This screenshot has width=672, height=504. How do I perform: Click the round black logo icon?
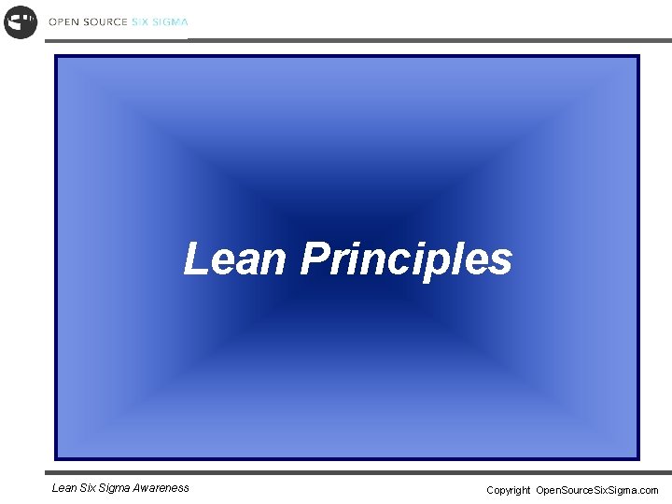click(21, 21)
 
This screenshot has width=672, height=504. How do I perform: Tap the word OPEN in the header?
click(63, 21)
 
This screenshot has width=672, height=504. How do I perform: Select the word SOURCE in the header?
click(105, 21)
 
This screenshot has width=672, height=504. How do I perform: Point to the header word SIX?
click(139, 21)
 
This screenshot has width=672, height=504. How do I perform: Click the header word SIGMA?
click(170, 21)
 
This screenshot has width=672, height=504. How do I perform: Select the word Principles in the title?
click(406, 259)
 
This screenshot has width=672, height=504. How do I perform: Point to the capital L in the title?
click(194, 259)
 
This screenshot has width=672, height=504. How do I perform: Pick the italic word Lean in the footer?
click(64, 487)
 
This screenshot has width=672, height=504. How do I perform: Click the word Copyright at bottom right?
click(508, 490)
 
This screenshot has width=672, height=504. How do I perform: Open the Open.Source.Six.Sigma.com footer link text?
click(597, 490)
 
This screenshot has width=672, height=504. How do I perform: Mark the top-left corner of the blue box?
click(55, 56)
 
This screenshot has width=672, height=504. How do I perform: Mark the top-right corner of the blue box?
click(639, 56)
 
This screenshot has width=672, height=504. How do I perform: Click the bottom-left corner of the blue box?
click(55, 459)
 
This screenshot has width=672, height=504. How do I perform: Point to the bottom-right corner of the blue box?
click(639, 459)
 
